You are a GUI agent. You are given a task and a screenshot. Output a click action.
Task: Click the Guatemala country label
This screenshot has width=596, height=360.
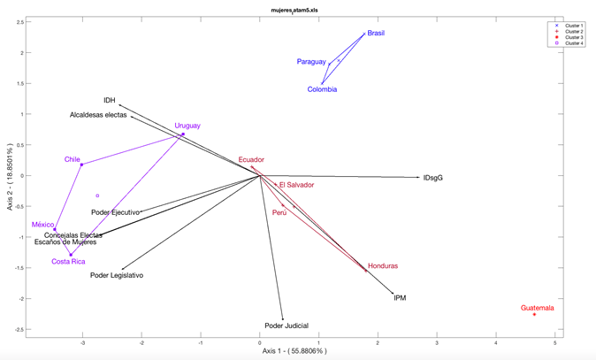click(x=537, y=308)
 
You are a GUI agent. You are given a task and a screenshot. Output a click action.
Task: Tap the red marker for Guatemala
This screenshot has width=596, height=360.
click(x=534, y=315)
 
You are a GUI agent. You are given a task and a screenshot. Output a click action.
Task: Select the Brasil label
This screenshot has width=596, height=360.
click(x=376, y=34)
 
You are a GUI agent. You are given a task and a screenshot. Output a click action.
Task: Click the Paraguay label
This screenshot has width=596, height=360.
click(x=311, y=62)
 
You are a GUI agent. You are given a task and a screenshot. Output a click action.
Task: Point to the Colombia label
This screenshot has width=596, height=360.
click(x=322, y=89)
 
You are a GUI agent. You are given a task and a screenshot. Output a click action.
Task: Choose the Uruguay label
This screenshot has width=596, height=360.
click(x=187, y=126)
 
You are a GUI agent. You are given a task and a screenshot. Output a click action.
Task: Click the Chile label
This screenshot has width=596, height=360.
click(x=72, y=160)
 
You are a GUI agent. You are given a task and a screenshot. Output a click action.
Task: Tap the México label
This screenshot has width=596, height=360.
click(x=43, y=225)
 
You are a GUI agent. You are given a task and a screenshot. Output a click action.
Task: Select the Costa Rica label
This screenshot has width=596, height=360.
click(x=68, y=262)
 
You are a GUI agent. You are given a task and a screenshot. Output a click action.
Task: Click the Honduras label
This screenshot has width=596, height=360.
click(x=383, y=266)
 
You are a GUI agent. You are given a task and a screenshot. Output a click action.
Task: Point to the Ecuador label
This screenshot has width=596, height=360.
click(x=251, y=160)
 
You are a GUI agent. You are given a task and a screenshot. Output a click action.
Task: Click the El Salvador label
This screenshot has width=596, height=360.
click(x=296, y=185)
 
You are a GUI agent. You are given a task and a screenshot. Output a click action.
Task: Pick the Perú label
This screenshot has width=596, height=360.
click(x=279, y=213)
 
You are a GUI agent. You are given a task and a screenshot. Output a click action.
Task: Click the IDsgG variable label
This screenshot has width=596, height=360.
click(x=432, y=178)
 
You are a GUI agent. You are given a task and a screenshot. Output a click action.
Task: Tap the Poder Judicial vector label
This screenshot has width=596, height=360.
click(x=287, y=326)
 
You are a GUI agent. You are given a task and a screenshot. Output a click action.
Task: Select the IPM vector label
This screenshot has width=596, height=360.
click(x=400, y=298)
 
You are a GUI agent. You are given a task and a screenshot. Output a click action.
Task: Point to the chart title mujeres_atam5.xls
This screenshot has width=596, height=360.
click(x=294, y=10)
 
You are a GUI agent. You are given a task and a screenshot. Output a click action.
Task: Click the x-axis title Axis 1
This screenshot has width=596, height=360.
click(x=294, y=351)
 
